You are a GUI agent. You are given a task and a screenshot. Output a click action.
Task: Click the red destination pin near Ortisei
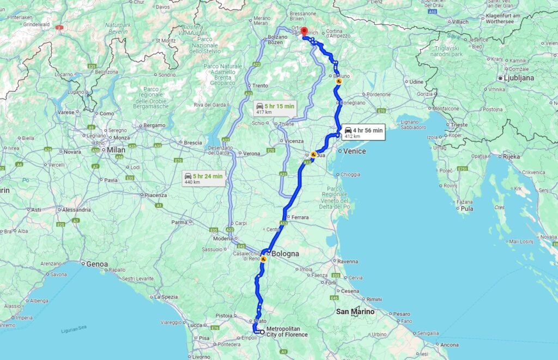pos(304,32)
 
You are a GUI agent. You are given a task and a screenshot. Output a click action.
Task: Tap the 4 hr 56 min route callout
pos(363,133)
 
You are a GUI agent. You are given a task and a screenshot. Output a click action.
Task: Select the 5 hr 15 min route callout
pos(274,108)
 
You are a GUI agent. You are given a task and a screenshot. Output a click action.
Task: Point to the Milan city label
pos(116,150)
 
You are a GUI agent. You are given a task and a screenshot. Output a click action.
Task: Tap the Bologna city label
pos(286,254)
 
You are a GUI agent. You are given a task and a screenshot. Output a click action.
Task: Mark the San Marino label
pos(355,312)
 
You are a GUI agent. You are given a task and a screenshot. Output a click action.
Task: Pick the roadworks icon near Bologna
pos(263,259)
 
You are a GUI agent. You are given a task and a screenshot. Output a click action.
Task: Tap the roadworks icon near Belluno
pos(339,82)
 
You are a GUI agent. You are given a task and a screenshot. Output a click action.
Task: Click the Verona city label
pos(251,154)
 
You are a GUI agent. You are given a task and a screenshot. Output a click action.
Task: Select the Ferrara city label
pos(300,218)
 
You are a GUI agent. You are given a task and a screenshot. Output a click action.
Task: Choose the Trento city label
pos(260,86)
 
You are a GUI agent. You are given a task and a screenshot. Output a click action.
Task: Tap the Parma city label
pos(179,222)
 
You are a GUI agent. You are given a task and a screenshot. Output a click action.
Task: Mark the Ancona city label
pos(450,345)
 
